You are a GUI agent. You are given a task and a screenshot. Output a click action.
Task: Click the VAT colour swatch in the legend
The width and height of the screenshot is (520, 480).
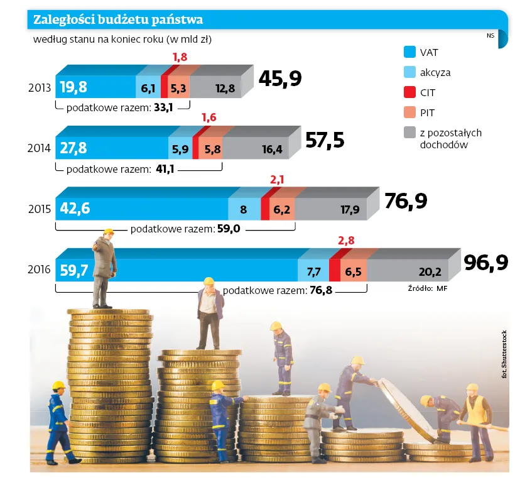click(409, 52)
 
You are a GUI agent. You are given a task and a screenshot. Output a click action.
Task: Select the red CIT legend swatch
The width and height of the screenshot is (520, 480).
click(409, 92)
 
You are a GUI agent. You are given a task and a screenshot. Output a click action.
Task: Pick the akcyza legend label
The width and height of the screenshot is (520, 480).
click(435, 72)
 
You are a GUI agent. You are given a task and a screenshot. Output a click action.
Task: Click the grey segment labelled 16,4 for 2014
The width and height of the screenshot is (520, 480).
click(272, 150)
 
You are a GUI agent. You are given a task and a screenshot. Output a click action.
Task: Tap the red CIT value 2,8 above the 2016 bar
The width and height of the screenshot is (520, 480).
click(346, 241)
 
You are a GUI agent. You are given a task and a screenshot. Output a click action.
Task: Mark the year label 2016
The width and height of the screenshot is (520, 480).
click(40, 270)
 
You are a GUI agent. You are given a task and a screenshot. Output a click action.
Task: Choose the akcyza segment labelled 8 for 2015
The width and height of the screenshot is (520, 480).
click(243, 209)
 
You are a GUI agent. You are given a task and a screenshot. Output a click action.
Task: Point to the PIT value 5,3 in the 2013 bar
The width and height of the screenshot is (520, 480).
click(178, 89)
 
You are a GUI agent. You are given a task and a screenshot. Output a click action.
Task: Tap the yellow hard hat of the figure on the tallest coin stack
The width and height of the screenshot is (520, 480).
click(108, 232)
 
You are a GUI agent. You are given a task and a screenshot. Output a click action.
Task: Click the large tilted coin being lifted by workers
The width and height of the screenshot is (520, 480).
click(402, 408)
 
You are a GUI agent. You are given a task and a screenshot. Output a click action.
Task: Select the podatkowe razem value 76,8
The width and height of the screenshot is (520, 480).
click(320, 291)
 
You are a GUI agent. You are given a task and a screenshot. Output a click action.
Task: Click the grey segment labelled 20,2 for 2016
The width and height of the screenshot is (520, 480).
click(430, 272)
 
